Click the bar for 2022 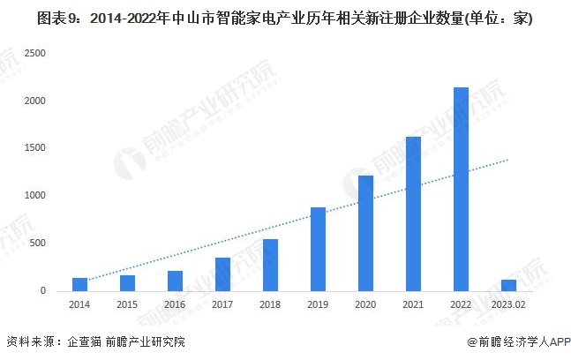[x=461, y=189]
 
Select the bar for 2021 [x=413, y=214]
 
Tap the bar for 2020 [x=365, y=233]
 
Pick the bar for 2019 [x=318, y=249]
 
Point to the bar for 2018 [x=270, y=265]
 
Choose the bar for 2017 [x=222, y=274]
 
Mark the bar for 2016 [x=175, y=281]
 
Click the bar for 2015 [x=127, y=282]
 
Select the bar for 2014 [x=79, y=284]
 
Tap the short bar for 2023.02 [x=508, y=285]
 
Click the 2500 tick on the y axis [x=36, y=54]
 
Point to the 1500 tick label [x=36, y=148]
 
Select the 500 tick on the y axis [x=40, y=244]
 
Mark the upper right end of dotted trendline [x=509, y=160]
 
